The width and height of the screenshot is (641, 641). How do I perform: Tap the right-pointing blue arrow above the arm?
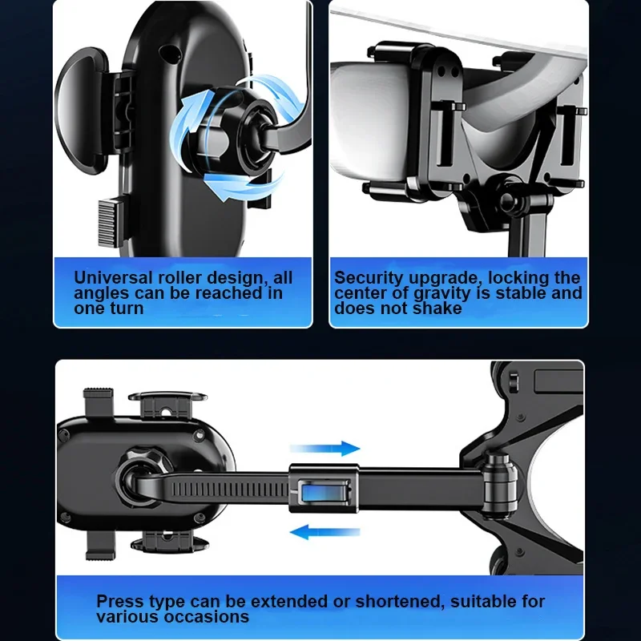pyautogui.click(x=325, y=449)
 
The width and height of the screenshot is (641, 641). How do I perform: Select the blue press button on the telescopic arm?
pyautogui.click(x=324, y=490)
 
